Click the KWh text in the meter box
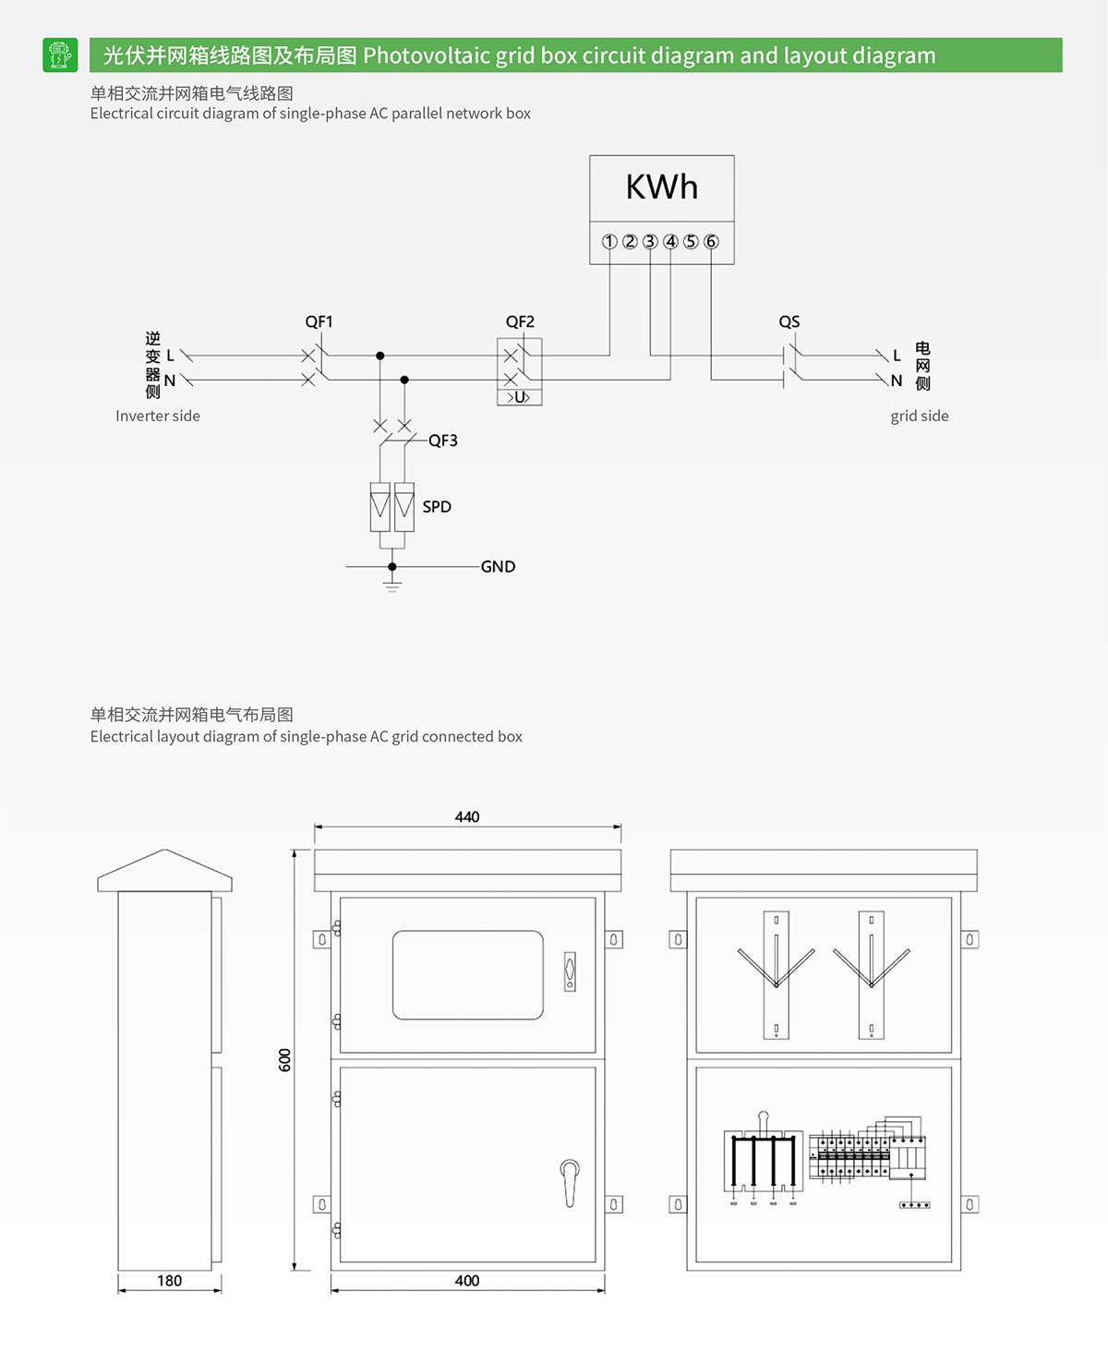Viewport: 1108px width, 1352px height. click(661, 187)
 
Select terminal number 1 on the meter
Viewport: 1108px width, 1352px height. click(609, 242)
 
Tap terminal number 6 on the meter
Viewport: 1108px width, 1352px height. click(711, 242)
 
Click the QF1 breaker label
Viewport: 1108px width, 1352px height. click(319, 321)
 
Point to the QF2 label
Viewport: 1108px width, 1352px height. click(520, 321)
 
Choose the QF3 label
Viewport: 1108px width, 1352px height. click(443, 441)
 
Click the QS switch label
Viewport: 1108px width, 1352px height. click(789, 321)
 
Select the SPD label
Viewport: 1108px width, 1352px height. click(437, 507)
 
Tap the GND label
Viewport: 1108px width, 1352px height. click(498, 567)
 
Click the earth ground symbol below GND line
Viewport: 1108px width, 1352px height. click(392, 585)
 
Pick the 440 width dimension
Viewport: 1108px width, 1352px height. click(467, 817)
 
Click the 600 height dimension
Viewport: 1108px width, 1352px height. click(285, 1060)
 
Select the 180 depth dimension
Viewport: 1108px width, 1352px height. click(169, 1281)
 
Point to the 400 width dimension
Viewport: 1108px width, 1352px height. click(467, 1281)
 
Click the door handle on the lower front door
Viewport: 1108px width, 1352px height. click(570, 1182)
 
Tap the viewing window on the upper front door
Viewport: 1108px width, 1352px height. click(468, 975)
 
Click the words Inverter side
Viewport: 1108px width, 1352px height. click(158, 416)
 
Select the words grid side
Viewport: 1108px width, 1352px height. click(920, 416)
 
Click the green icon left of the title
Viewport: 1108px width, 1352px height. click(60, 55)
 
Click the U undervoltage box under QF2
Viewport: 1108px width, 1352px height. click(520, 397)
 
